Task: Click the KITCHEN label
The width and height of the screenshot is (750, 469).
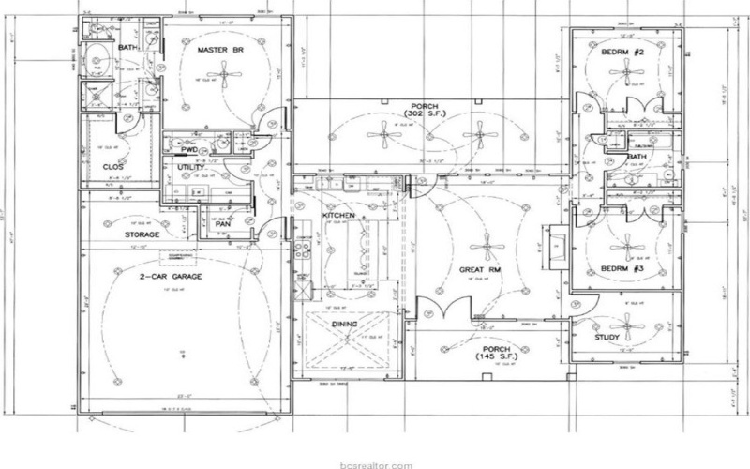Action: click(338, 216)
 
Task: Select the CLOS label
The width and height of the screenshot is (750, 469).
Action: click(112, 166)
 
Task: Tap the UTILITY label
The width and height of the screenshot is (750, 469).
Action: click(191, 167)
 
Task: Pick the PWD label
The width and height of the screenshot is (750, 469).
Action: click(188, 149)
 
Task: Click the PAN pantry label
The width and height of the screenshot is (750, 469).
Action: click(223, 223)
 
